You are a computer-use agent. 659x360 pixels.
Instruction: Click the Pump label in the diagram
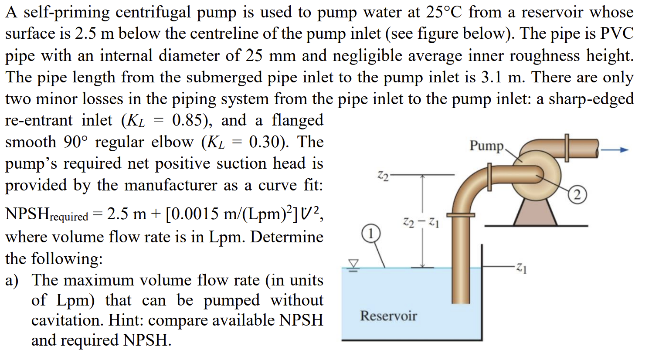pos(486,146)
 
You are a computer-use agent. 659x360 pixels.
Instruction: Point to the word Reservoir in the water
pos(388,316)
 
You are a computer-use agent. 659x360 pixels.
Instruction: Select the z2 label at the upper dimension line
pos(382,176)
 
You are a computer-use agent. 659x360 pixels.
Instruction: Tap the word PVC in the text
pos(616,34)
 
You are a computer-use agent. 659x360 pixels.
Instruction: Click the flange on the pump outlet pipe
pos(567,147)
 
